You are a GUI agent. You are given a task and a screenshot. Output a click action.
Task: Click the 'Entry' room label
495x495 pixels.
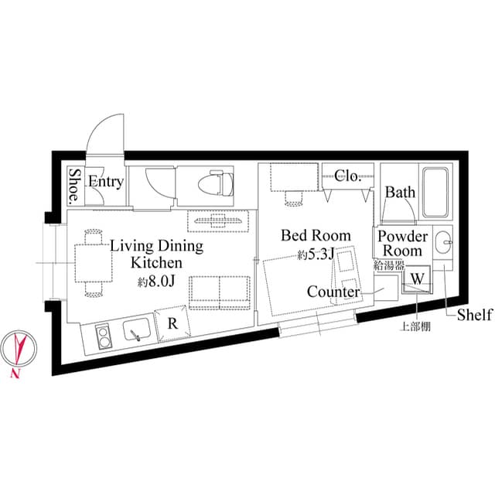pos(105,182)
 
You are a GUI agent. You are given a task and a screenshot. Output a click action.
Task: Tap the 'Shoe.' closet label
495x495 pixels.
pos(75,186)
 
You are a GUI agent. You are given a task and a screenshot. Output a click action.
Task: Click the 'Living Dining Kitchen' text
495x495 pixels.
pos(156,254)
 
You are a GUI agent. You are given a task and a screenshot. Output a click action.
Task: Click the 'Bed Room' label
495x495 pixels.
pos(316,235)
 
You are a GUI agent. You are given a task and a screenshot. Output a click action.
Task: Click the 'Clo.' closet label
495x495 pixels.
pos(347,176)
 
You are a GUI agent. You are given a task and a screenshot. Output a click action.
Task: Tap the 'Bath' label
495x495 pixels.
pos(400,192)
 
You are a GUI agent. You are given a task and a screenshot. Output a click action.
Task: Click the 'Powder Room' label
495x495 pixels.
pos(403,243)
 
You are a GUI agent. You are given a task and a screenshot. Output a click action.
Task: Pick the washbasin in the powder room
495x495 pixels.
pos(444,244)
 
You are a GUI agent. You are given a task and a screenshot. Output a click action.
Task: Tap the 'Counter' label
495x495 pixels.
pos(333,292)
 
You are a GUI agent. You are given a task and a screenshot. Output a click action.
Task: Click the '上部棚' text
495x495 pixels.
pos(415,326)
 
